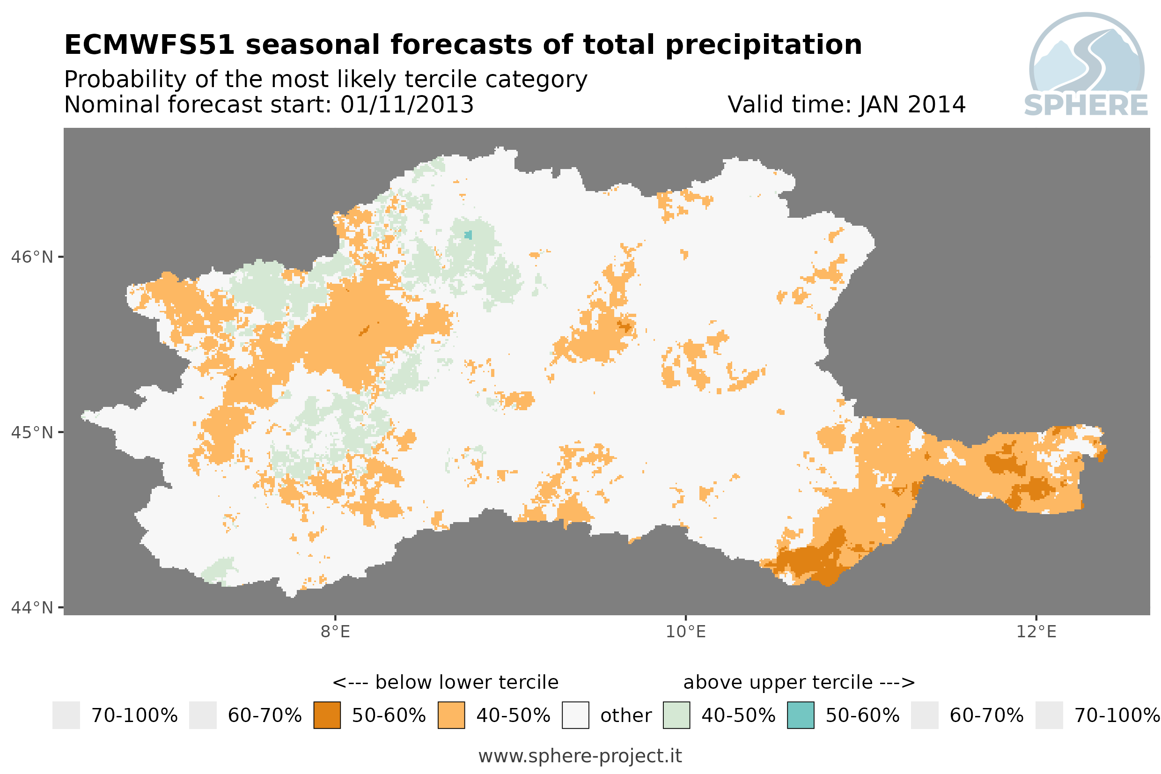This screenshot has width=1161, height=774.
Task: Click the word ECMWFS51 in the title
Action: [149, 45]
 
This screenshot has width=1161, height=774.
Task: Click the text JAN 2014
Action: [912, 104]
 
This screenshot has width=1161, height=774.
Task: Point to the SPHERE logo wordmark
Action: [1086, 106]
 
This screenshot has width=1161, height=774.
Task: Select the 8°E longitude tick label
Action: [336, 632]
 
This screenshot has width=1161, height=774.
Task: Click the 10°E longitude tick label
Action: [686, 632]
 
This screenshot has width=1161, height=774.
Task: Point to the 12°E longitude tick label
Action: [1036, 632]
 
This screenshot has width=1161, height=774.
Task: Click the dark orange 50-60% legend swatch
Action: [327, 715]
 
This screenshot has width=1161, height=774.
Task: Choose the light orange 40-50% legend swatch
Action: [451, 715]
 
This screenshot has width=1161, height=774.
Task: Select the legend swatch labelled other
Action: [575, 715]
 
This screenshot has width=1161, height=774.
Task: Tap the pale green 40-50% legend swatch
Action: [676, 715]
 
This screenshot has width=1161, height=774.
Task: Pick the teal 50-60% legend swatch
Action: [801, 715]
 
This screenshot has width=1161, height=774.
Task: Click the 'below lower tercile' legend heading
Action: [466, 683]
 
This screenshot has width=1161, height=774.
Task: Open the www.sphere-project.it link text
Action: [580, 756]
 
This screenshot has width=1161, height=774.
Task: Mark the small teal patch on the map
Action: [468, 235]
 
